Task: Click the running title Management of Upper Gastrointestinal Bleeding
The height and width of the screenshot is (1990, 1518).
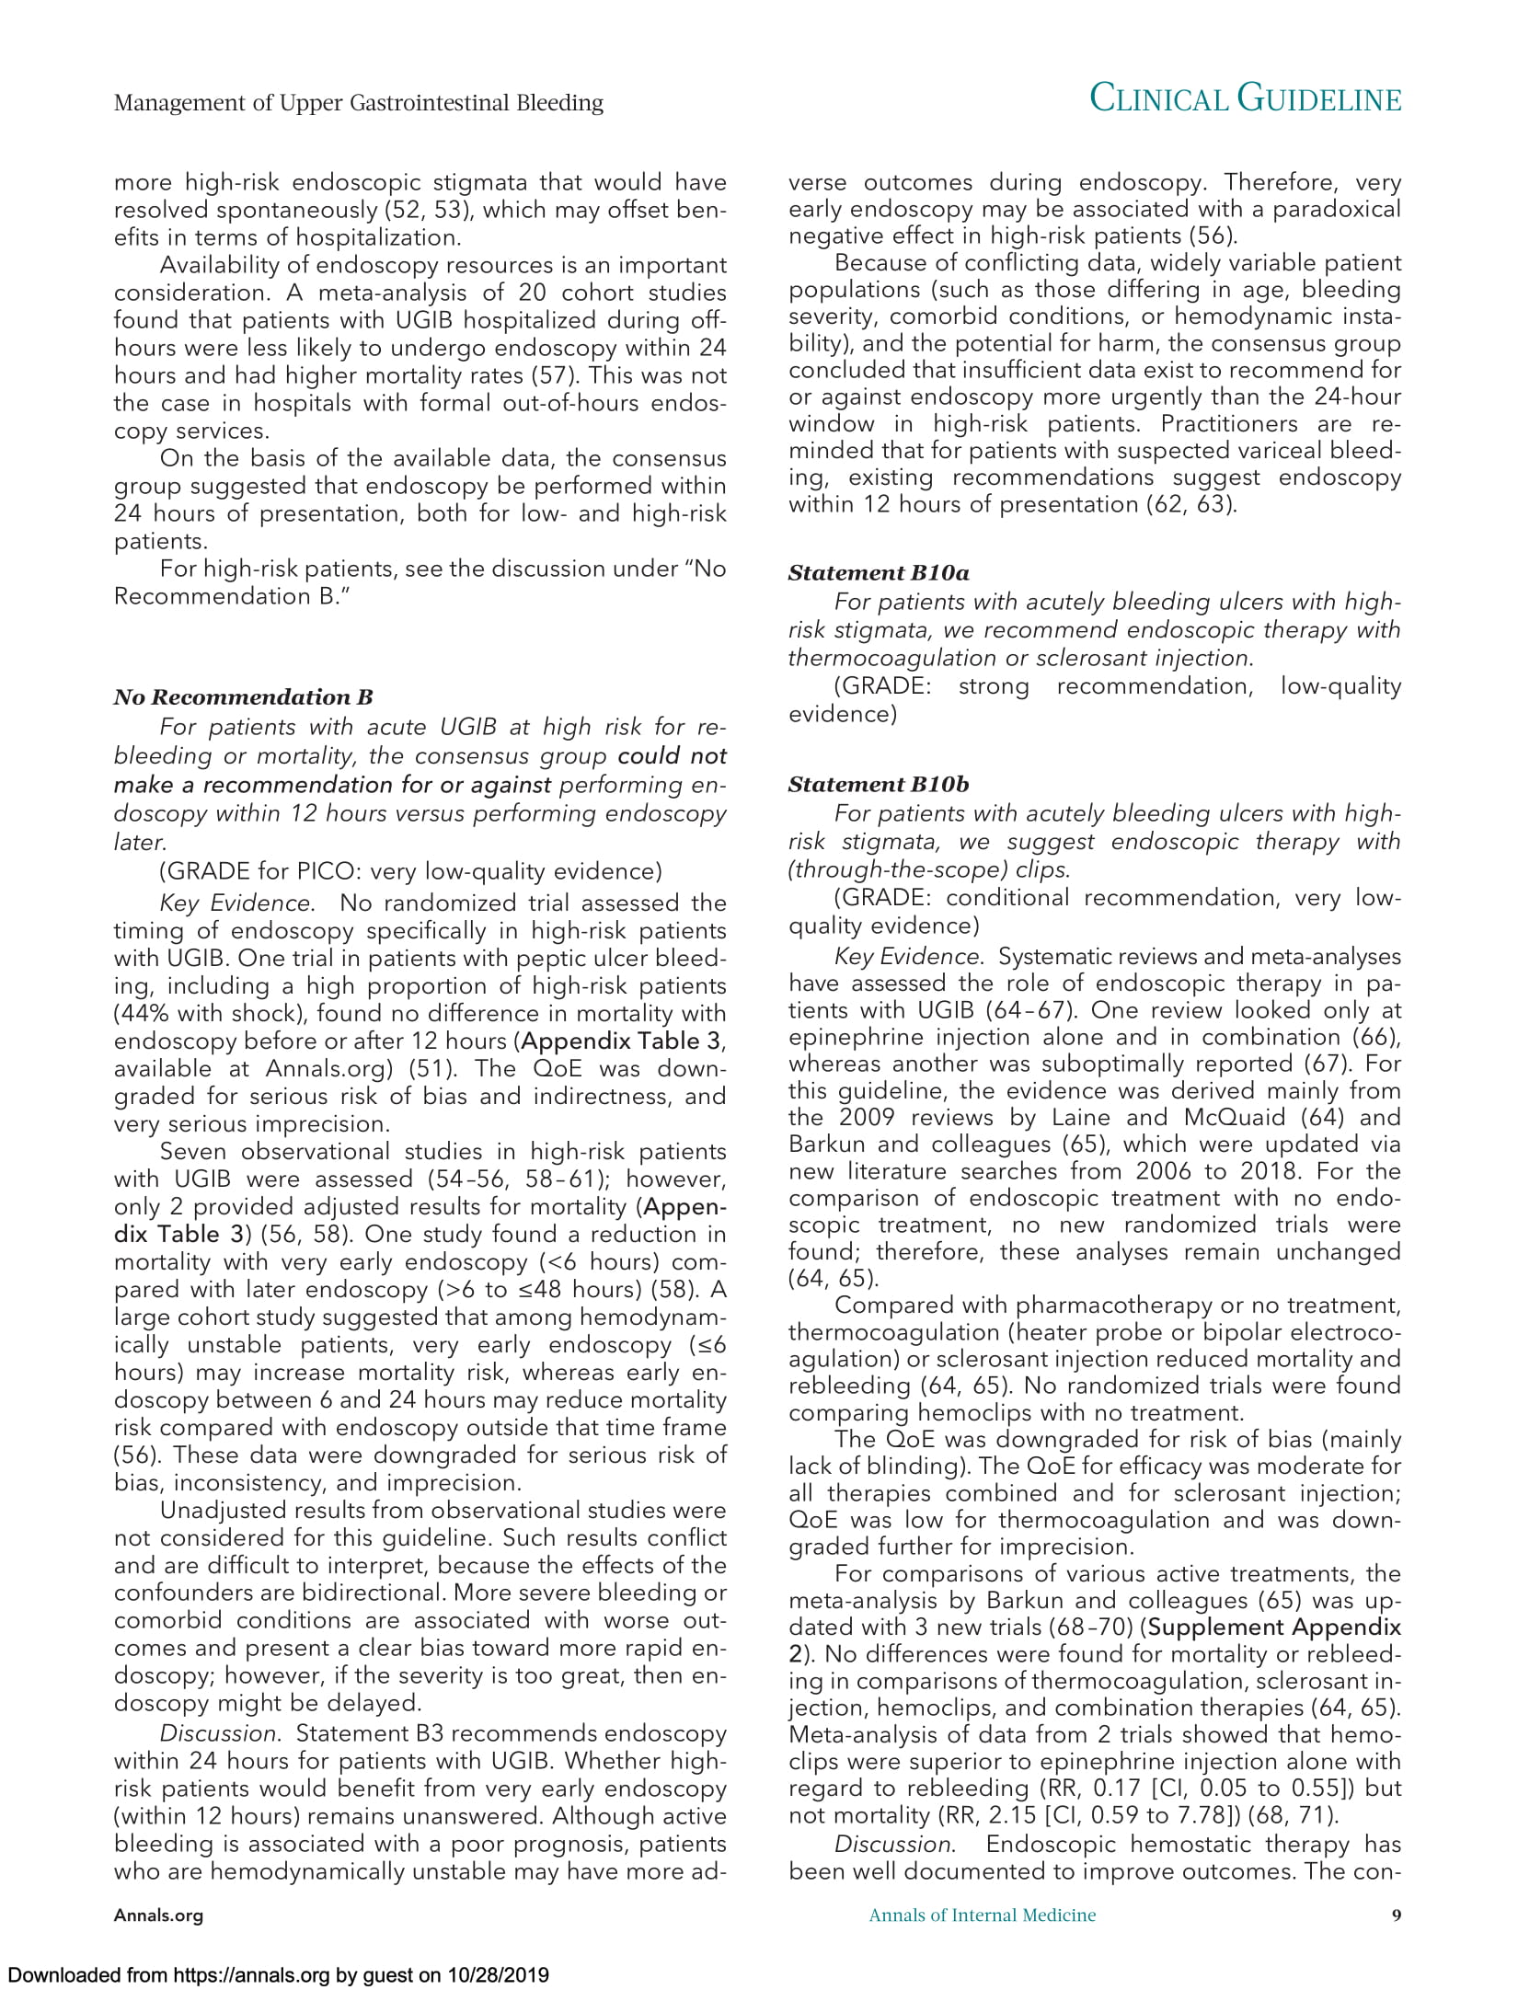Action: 358,102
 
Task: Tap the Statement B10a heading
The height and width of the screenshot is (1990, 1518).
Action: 879,572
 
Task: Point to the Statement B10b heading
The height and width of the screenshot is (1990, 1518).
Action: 879,784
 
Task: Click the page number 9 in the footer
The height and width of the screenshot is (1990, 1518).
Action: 1396,1915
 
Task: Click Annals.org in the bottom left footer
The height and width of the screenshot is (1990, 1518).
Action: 158,1916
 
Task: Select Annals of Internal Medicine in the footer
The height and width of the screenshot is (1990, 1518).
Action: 983,1915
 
